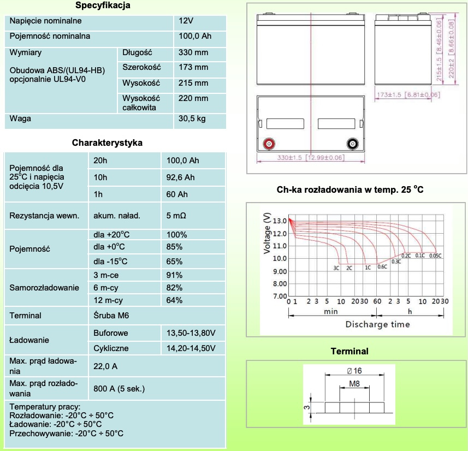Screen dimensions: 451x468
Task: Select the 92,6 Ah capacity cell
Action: [x=181, y=177]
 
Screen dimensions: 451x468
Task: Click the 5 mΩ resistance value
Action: [x=176, y=216]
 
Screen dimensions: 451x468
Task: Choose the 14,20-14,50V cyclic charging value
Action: [x=191, y=348]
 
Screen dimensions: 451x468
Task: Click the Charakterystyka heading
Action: [x=108, y=143]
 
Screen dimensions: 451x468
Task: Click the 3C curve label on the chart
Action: [x=337, y=268]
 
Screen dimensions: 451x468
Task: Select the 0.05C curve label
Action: [x=435, y=256]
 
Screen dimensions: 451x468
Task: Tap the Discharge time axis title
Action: [x=377, y=324]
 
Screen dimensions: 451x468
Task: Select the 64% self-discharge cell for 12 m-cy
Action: [x=175, y=300]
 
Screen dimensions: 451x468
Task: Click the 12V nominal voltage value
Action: [x=186, y=21]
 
